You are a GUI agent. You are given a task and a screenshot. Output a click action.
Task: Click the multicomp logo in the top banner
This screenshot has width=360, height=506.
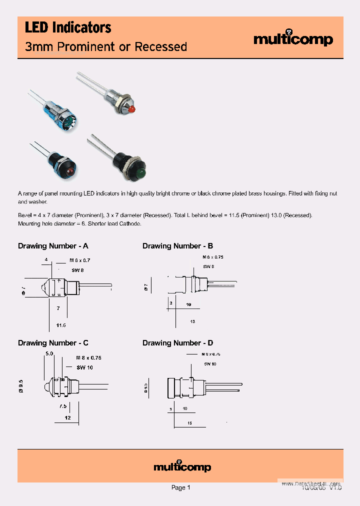pos(293,39)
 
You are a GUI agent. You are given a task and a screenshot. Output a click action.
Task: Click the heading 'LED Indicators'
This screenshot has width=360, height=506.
pos(68,28)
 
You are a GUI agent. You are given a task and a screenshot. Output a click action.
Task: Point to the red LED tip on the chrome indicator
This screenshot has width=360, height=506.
pos(132,108)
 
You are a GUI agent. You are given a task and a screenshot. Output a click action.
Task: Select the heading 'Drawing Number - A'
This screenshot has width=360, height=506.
pos(53,246)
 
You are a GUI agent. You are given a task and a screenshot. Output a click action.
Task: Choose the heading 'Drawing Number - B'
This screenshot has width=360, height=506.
pos(177,246)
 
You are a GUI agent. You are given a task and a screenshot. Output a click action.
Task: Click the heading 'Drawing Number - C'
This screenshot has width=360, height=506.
pos(53,343)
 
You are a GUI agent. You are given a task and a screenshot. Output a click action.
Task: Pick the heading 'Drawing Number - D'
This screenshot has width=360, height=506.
pos(177,343)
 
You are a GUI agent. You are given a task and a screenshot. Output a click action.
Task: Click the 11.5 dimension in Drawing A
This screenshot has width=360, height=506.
pos(61,325)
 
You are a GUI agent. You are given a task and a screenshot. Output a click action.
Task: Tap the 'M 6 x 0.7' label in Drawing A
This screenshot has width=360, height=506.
pos(80,260)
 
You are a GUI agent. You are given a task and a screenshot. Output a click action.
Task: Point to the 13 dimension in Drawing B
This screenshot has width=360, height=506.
pos(192,321)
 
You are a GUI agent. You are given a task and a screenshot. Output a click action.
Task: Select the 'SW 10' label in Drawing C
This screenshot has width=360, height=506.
pos(84,367)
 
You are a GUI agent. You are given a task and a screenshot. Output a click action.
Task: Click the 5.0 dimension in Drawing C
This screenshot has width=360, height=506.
pos(49,353)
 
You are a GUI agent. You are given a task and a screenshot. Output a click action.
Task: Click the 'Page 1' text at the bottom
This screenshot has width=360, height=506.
pos(180,487)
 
